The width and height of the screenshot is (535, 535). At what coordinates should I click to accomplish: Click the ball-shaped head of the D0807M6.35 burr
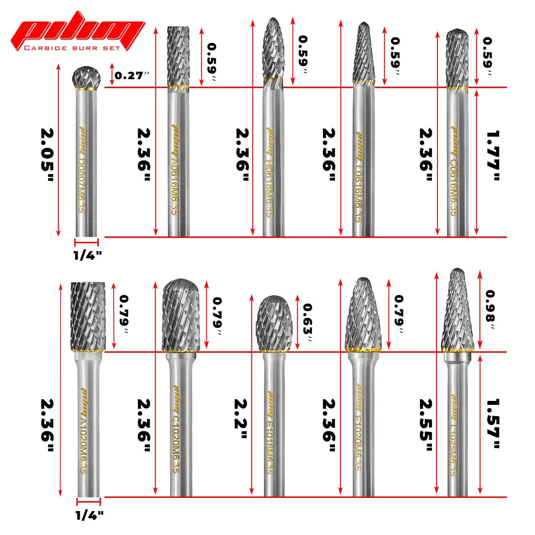coord(87,76)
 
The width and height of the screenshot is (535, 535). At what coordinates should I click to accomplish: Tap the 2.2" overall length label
coord(240,419)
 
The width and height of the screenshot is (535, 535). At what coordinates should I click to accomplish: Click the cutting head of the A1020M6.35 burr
coord(88,316)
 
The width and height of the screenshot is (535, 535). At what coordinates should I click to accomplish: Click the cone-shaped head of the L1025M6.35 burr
coord(458,310)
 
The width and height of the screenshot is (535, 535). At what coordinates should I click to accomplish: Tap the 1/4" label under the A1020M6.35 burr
coord(89,515)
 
